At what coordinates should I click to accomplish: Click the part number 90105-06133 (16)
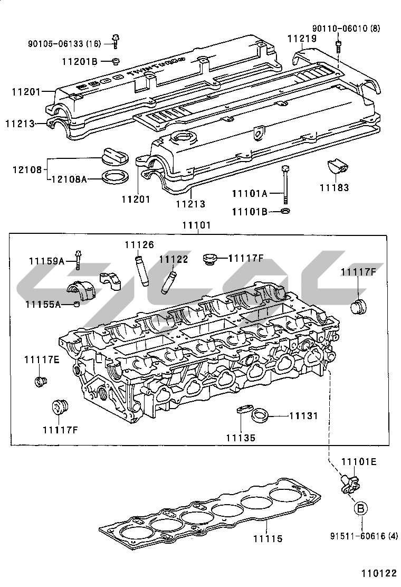pyautogui.click(x=64, y=43)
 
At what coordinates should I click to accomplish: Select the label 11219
pyautogui.click(x=302, y=39)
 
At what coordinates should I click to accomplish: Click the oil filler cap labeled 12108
pyautogui.click(x=113, y=157)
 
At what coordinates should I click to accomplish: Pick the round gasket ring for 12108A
pyautogui.click(x=115, y=177)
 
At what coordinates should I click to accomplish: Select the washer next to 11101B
pyautogui.click(x=285, y=211)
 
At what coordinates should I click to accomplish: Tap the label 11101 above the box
pyautogui.click(x=196, y=225)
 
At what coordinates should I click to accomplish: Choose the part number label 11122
pyautogui.click(x=174, y=259)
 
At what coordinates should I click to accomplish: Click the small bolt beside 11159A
pyautogui.click(x=78, y=257)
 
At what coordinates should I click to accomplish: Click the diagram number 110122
pyautogui.click(x=378, y=573)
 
